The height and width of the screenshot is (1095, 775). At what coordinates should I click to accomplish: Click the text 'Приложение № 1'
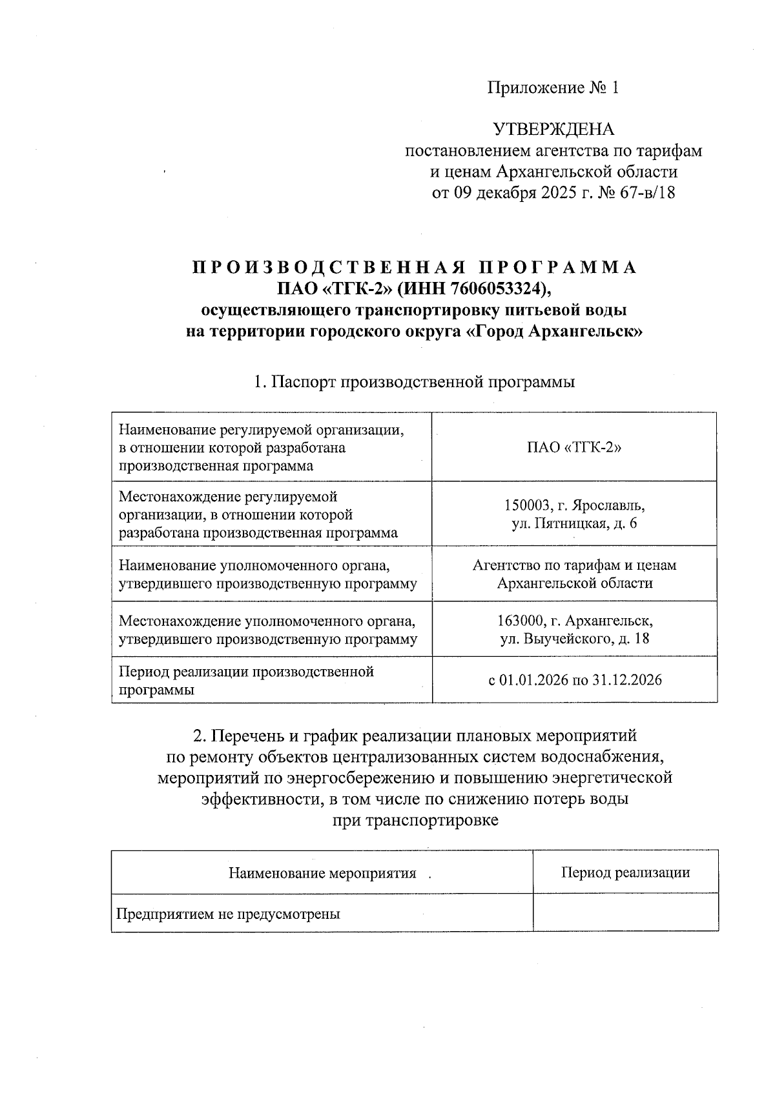[x=553, y=88]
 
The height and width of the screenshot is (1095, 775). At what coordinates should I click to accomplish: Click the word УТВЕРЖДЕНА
[x=553, y=130]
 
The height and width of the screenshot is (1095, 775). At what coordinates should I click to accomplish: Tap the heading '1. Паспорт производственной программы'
[x=414, y=382]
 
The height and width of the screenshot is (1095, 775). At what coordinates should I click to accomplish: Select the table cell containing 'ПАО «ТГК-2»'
[x=574, y=448]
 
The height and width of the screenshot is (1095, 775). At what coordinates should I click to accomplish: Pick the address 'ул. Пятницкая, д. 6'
[x=574, y=523]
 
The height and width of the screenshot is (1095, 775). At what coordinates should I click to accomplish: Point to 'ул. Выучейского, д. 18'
[x=574, y=639]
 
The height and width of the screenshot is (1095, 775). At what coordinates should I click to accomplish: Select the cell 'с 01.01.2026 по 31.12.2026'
[x=574, y=679]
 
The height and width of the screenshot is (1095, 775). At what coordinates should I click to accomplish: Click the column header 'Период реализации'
[x=625, y=873]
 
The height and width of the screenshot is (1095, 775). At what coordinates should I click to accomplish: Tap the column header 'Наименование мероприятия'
[x=322, y=874]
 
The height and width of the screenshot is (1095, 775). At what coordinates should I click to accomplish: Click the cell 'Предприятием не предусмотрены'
[x=228, y=914]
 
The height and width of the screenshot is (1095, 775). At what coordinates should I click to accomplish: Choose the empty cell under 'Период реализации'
[x=625, y=912]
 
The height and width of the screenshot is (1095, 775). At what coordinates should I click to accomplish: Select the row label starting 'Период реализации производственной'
[x=246, y=680]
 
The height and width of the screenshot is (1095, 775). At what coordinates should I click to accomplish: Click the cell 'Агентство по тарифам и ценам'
[x=574, y=565]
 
